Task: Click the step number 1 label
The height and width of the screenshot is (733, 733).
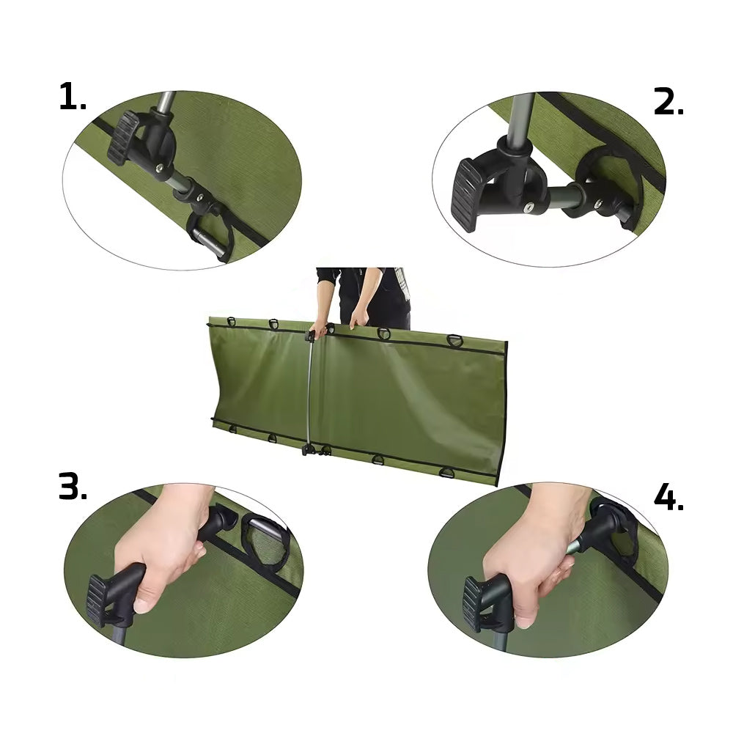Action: (72, 97)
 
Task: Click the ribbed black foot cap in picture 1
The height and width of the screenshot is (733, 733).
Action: (122, 138)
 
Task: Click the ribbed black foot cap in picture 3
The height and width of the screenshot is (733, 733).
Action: (98, 600)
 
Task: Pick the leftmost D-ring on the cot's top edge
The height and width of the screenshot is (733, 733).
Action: (231, 321)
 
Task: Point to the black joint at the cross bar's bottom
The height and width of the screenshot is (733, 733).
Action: (308, 449)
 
